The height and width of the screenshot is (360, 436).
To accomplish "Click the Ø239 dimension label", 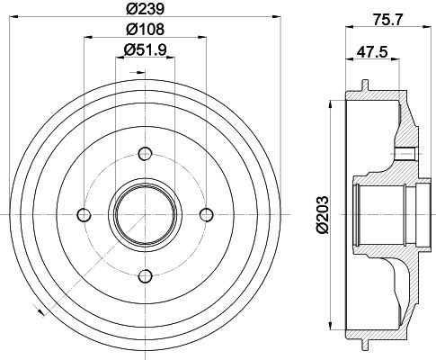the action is pos(145,8).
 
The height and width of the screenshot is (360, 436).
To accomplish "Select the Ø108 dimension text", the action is pos(145,29).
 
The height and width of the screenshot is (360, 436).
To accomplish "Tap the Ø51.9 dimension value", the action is pos(145,49).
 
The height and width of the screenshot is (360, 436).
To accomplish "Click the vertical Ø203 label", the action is pos(323,214).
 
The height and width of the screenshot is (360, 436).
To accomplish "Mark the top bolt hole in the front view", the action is pos(145,154).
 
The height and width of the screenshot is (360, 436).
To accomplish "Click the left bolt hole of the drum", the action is pos(84,214).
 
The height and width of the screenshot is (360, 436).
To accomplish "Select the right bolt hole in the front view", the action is pos(207,214).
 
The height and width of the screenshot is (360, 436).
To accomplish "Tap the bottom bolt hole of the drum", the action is pos(146,275).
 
